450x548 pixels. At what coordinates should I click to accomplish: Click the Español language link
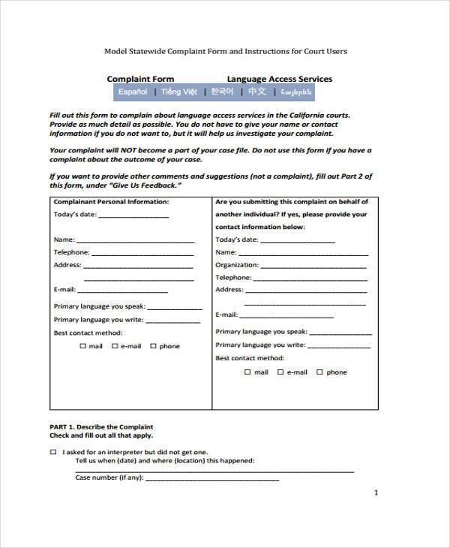tap(133, 92)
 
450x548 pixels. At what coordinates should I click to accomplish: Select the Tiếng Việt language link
tap(178, 92)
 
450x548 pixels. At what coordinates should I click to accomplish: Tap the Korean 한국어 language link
tap(222, 92)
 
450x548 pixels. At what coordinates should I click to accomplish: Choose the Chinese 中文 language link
tap(257, 92)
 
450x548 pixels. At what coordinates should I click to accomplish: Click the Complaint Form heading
tap(140, 79)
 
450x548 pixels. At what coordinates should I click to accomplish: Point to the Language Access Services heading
tap(279, 79)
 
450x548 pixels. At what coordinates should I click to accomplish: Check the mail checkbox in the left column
tap(82, 346)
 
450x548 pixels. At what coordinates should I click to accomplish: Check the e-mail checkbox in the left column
tap(115, 346)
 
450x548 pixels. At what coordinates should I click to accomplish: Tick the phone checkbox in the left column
tap(153, 346)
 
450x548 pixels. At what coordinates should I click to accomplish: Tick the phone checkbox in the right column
tap(319, 372)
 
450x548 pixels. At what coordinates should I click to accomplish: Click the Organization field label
tap(236, 265)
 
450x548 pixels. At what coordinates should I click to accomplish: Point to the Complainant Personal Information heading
tap(111, 202)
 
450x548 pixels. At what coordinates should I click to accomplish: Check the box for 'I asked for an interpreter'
tap(52, 453)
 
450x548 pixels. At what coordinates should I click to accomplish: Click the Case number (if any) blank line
tap(211, 478)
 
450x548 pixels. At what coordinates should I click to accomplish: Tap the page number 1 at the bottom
tap(376, 493)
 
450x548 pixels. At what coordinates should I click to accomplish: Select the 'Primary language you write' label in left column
tap(98, 319)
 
